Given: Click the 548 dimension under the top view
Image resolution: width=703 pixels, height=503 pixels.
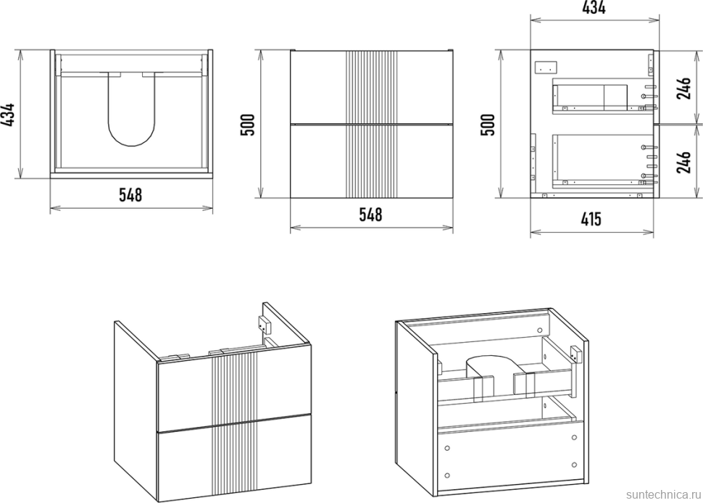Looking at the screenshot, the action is coord(130,194).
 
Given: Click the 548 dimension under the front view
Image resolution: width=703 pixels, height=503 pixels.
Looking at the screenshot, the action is coord(371,215).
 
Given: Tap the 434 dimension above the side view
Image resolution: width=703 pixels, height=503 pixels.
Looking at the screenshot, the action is coord(594,7).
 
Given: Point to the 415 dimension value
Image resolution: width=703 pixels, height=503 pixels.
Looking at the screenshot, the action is coord(591,219).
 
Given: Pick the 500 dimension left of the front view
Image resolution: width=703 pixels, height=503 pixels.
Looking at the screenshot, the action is coord(248,125).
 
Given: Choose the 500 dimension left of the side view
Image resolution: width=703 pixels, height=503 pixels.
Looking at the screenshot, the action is coord(487,125).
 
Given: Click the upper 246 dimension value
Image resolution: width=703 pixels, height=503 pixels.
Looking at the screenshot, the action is coord(683,88).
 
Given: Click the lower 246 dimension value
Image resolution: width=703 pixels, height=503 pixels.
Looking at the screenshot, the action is coord(683,162).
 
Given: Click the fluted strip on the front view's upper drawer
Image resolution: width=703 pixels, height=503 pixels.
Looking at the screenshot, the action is coord(372,86).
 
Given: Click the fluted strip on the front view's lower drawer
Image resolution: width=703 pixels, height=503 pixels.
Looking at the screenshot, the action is coord(372,161).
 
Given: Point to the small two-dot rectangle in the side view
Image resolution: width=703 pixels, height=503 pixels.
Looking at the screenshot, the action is coord(546,67).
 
